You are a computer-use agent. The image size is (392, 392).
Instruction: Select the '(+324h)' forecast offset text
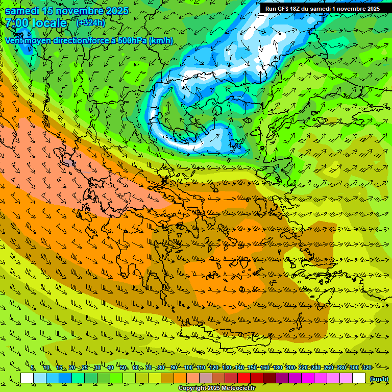point(90,23)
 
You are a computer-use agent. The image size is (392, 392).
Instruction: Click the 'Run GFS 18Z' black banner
point(322,9)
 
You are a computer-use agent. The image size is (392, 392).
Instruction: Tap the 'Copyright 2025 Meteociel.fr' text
point(216,388)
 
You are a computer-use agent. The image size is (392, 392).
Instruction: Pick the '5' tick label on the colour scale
point(33,367)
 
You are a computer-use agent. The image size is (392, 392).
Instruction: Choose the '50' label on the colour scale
point(123,367)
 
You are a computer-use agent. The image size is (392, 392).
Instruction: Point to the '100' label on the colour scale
point(188,367)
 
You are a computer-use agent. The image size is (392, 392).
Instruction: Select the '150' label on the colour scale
point(252,367)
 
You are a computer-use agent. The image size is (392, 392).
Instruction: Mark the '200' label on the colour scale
point(290,367)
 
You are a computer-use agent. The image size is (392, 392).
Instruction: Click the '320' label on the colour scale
point(366,367)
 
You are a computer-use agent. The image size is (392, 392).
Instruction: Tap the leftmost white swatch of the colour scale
point(27,378)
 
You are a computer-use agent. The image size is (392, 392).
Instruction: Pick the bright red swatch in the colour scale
point(244,378)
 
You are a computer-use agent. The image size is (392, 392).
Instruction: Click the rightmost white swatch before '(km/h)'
point(359,378)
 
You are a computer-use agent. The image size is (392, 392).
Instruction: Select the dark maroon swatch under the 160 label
point(269,378)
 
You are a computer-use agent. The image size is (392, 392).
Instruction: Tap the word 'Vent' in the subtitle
point(14,41)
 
